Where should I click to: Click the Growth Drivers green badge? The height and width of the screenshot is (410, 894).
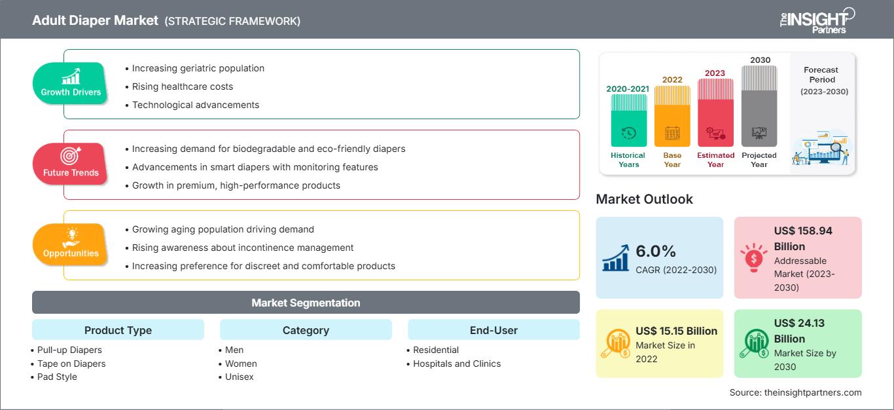pos(70,84)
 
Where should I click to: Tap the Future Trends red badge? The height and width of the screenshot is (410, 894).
pos(70,164)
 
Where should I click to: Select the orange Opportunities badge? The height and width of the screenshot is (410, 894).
pos(70,245)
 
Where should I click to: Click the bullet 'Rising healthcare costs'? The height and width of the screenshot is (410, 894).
pos(182,86)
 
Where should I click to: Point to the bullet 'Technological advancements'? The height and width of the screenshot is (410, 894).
pos(195,105)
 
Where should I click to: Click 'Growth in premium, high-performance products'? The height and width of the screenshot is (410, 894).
pos(236,185)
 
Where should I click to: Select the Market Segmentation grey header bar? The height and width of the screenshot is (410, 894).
pos(306,303)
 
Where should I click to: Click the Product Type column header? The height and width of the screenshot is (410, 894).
pos(118,330)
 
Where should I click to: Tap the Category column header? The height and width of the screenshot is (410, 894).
pos(306,330)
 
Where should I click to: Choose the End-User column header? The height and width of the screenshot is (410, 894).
pos(493,330)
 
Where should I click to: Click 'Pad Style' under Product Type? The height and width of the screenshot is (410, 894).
pos(57,377)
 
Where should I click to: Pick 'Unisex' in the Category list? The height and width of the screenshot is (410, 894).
pos(239,377)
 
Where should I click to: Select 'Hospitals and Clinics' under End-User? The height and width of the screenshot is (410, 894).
pos(457,363)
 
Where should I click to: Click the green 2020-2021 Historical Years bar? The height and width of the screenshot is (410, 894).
pos(628,121)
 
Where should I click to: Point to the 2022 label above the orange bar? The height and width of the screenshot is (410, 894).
pos(672,80)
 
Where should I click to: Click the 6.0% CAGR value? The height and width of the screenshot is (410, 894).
pos(655,252)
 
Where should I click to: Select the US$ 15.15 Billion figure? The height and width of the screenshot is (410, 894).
pos(676,331)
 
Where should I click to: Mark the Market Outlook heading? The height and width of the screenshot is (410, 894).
pos(644,199)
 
